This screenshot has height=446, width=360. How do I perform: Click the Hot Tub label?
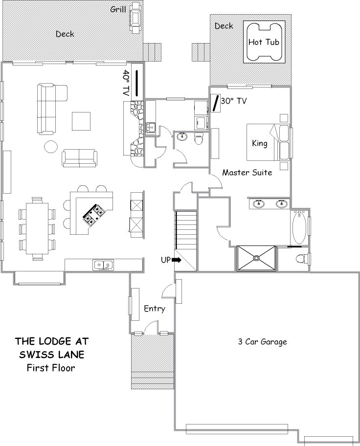(x=264, y=43)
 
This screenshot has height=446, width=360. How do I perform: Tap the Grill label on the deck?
(x=118, y=10)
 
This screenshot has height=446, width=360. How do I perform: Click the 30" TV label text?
(x=234, y=101)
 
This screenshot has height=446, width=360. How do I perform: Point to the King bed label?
(x=260, y=143)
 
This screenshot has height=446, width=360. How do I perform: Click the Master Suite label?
(x=247, y=172)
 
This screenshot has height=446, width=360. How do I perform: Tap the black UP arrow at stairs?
(x=177, y=260)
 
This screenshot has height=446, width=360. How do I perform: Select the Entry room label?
(x=155, y=309)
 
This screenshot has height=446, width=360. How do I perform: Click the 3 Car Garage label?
(x=262, y=342)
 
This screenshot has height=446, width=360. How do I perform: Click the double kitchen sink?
(x=103, y=265)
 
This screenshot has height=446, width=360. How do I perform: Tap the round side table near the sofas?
(x=51, y=147)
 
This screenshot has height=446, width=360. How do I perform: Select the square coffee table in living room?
(x=81, y=121)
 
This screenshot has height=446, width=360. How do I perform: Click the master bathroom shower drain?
(x=256, y=258)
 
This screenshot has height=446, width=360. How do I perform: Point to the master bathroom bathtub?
(x=299, y=227)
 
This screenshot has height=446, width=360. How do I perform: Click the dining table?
(x=37, y=228)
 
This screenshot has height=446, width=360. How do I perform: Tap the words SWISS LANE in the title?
(x=52, y=355)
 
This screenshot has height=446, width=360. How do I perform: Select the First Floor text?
(x=51, y=368)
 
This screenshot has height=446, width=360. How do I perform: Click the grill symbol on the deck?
(x=135, y=18)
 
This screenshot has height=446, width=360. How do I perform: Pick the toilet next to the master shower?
(x=302, y=259)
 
